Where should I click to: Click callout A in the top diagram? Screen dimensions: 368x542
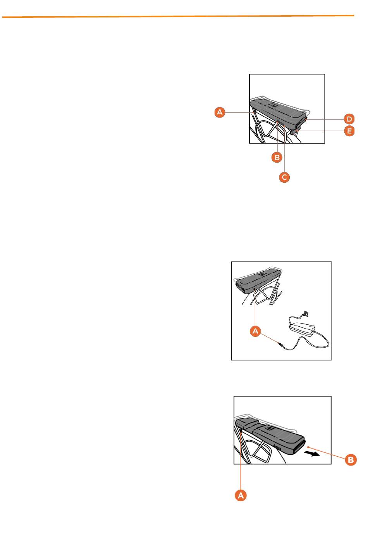coord(220,112)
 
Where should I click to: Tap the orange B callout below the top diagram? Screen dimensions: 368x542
coord(277,158)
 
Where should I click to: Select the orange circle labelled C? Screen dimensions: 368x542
coord(284,177)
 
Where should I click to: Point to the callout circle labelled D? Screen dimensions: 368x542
coord(349,119)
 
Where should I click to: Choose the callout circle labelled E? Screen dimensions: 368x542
coord(349,131)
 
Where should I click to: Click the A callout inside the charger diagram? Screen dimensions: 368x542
coord(255,331)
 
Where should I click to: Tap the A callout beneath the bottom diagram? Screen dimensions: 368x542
coord(241,495)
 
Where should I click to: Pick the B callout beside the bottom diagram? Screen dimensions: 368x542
coord(351,460)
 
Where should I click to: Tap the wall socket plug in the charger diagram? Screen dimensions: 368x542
coord(306,314)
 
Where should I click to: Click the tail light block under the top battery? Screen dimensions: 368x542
coord(296,132)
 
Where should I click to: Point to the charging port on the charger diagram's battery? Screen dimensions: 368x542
coord(255,289)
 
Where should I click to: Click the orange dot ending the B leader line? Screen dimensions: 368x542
coord(308,447)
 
